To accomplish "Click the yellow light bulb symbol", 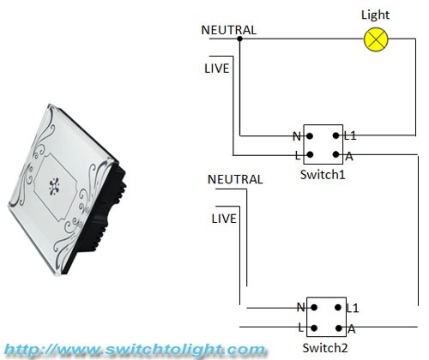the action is (x=376, y=39).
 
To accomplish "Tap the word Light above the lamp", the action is (x=375, y=15).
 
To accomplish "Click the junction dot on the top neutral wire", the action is (x=240, y=39).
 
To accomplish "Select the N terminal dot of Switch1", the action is (x=310, y=135).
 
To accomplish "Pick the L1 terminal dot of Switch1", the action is (x=336, y=135).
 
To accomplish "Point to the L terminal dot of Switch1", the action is (x=310, y=155).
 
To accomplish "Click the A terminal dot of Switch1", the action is (x=336, y=154).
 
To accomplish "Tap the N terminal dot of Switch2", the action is (x=314, y=308).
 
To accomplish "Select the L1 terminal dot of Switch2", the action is (x=338, y=308).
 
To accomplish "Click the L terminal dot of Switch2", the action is (x=314, y=327).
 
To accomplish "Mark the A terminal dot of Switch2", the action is (x=339, y=327).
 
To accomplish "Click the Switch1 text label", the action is (x=323, y=174).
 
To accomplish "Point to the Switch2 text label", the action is (x=325, y=348).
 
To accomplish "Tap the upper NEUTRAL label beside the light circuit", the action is (x=229, y=30).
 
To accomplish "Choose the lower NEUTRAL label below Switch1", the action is (x=235, y=179).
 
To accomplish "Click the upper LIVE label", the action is (x=217, y=69).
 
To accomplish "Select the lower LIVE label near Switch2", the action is (x=224, y=219).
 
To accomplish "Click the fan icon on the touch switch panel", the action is (x=54, y=186).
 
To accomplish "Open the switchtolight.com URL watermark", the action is (x=135, y=350).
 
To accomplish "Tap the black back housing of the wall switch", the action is (x=100, y=217).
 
